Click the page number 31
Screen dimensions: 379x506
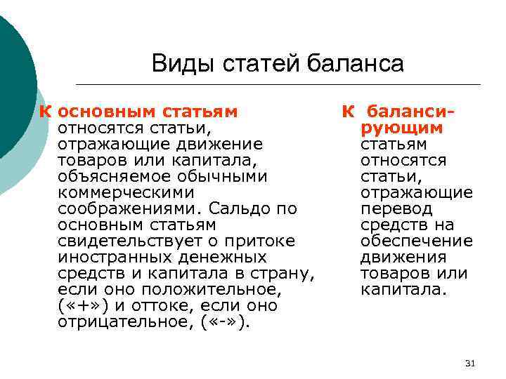point(471,363)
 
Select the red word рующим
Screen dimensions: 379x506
point(402,128)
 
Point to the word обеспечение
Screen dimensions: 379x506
point(417,241)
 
